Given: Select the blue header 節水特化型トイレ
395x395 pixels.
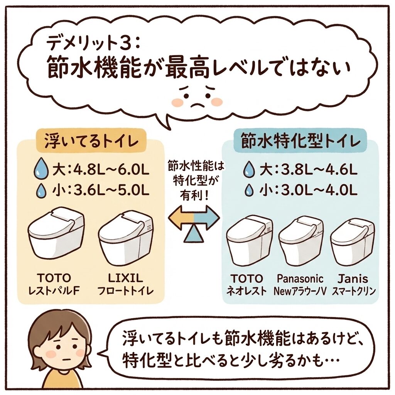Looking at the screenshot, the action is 300,142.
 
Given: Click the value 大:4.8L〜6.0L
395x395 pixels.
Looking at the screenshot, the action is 101,170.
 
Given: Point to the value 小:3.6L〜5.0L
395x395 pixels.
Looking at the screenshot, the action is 101,191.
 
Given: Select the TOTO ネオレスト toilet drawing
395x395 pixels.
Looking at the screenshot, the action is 250,242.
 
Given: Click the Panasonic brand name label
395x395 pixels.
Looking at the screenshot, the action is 300,279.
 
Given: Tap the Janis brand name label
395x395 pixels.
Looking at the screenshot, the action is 353,279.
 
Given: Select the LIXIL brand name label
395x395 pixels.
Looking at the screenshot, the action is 125,278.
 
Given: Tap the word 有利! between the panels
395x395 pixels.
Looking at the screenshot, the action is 194,196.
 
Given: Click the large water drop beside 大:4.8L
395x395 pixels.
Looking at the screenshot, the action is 40,168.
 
